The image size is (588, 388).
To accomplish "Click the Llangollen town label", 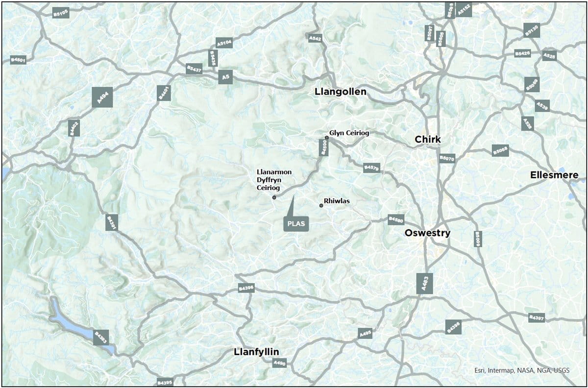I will click(x=340, y=92).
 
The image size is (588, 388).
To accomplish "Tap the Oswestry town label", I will click(x=427, y=233).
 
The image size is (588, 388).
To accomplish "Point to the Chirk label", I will click(x=428, y=140).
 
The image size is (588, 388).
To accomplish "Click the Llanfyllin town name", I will click(x=256, y=352).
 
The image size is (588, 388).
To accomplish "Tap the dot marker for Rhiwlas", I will click(x=321, y=205).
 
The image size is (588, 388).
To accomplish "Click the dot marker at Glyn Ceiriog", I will click(x=327, y=138).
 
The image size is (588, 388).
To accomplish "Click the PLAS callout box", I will click(x=296, y=223).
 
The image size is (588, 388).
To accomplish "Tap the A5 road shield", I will click(x=225, y=77).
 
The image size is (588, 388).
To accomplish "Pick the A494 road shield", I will click(x=102, y=97).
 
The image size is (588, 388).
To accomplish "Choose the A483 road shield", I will click(x=425, y=284).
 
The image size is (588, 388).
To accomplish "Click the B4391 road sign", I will click(x=112, y=222).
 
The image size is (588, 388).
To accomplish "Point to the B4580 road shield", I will click(x=396, y=219).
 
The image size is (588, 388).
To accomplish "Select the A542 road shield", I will click(x=315, y=38).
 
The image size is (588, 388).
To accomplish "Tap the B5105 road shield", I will click(x=60, y=13).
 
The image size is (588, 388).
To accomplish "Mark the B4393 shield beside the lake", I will click(x=100, y=337).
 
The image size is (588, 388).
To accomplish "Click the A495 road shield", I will click(x=366, y=334).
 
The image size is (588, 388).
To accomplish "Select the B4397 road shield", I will click(x=537, y=318).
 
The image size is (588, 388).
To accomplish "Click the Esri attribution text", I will click(x=522, y=370).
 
